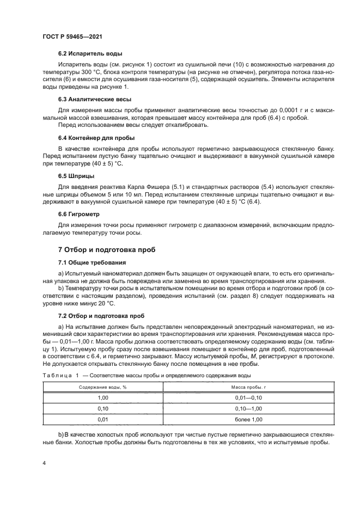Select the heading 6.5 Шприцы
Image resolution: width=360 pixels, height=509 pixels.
(76, 176)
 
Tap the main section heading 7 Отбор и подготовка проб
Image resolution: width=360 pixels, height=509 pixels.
(107, 250)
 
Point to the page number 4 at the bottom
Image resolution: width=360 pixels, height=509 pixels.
(44, 463)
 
